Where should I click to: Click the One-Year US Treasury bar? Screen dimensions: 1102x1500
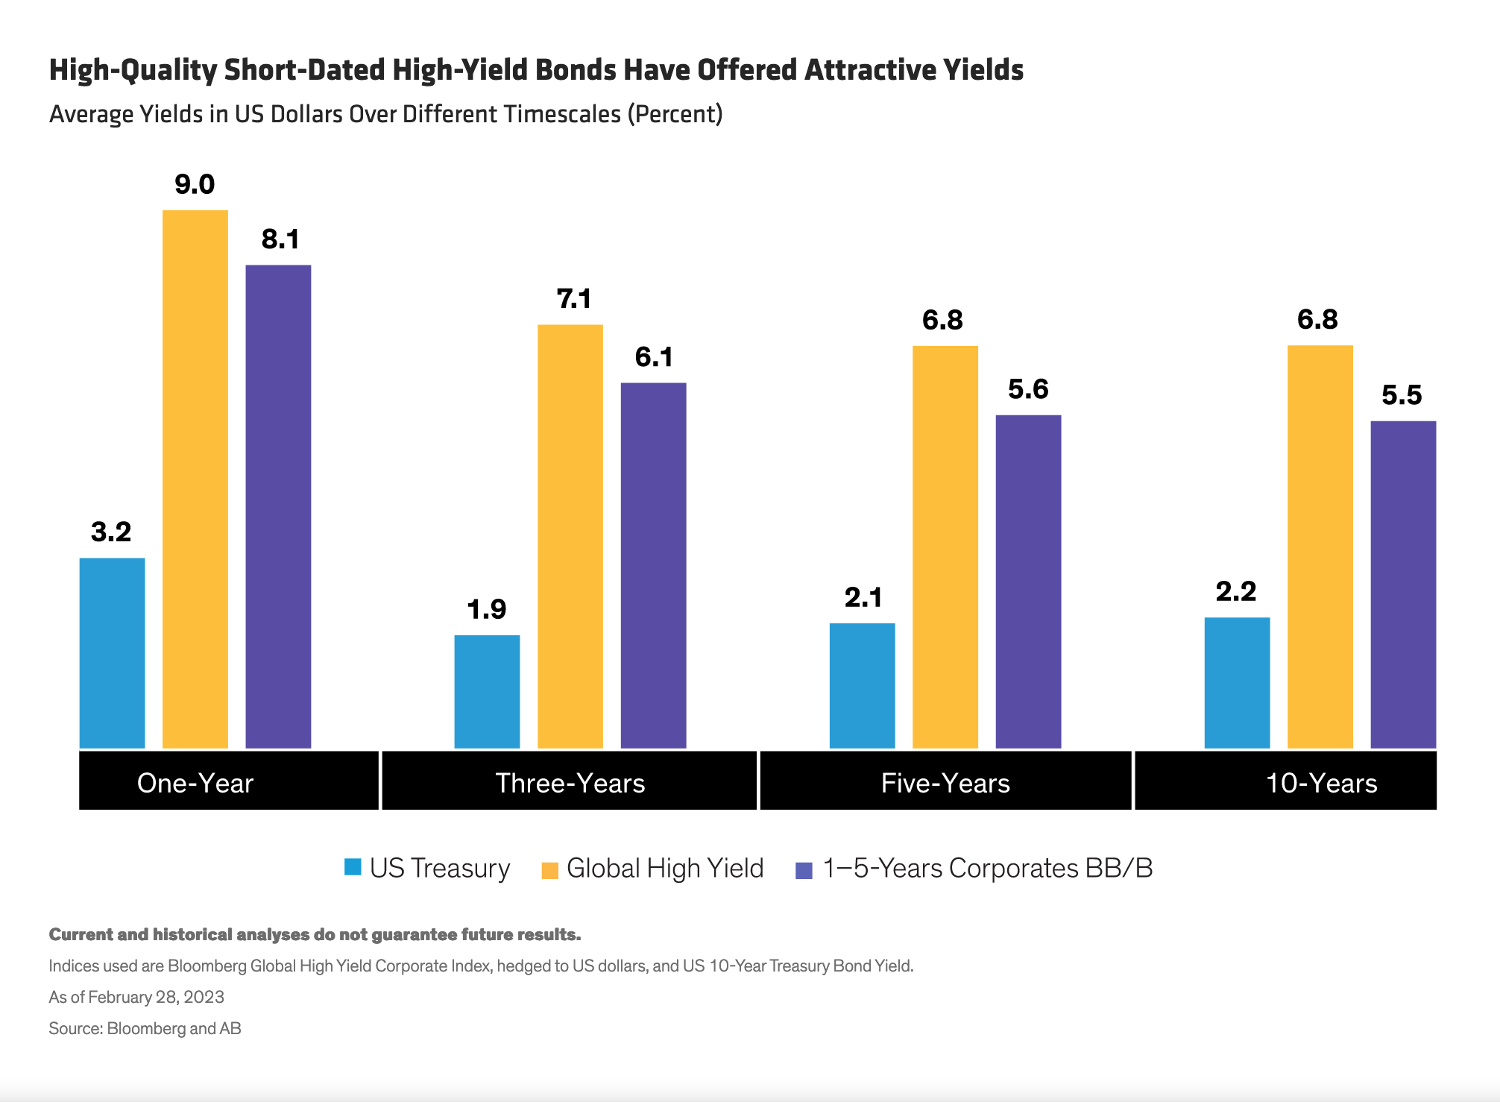(112, 652)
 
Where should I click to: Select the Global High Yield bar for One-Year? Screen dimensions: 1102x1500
(195, 479)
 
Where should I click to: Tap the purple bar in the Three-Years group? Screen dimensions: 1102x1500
(653, 565)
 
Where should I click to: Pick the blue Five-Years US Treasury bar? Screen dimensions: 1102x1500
(862, 685)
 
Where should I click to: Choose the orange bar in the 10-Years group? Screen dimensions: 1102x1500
(1320, 547)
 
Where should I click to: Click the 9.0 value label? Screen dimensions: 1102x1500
(195, 184)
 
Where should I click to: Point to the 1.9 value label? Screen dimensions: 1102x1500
(487, 610)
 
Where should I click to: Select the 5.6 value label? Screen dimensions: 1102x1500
(1028, 389)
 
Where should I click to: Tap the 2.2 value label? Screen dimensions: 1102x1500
(1236, 592)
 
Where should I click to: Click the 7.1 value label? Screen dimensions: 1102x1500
(574, 299)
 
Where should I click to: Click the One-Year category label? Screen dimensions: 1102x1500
(195, 783)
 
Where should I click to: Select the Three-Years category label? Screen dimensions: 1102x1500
(570, 783)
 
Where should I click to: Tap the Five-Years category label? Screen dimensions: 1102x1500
(945, 783)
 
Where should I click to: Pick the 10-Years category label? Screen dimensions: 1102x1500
(1321, 783)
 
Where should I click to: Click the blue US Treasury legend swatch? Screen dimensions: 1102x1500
(353, 867)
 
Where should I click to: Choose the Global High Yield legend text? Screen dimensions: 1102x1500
(665, 869)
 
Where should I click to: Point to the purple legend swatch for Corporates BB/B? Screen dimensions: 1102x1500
(804, 870)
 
